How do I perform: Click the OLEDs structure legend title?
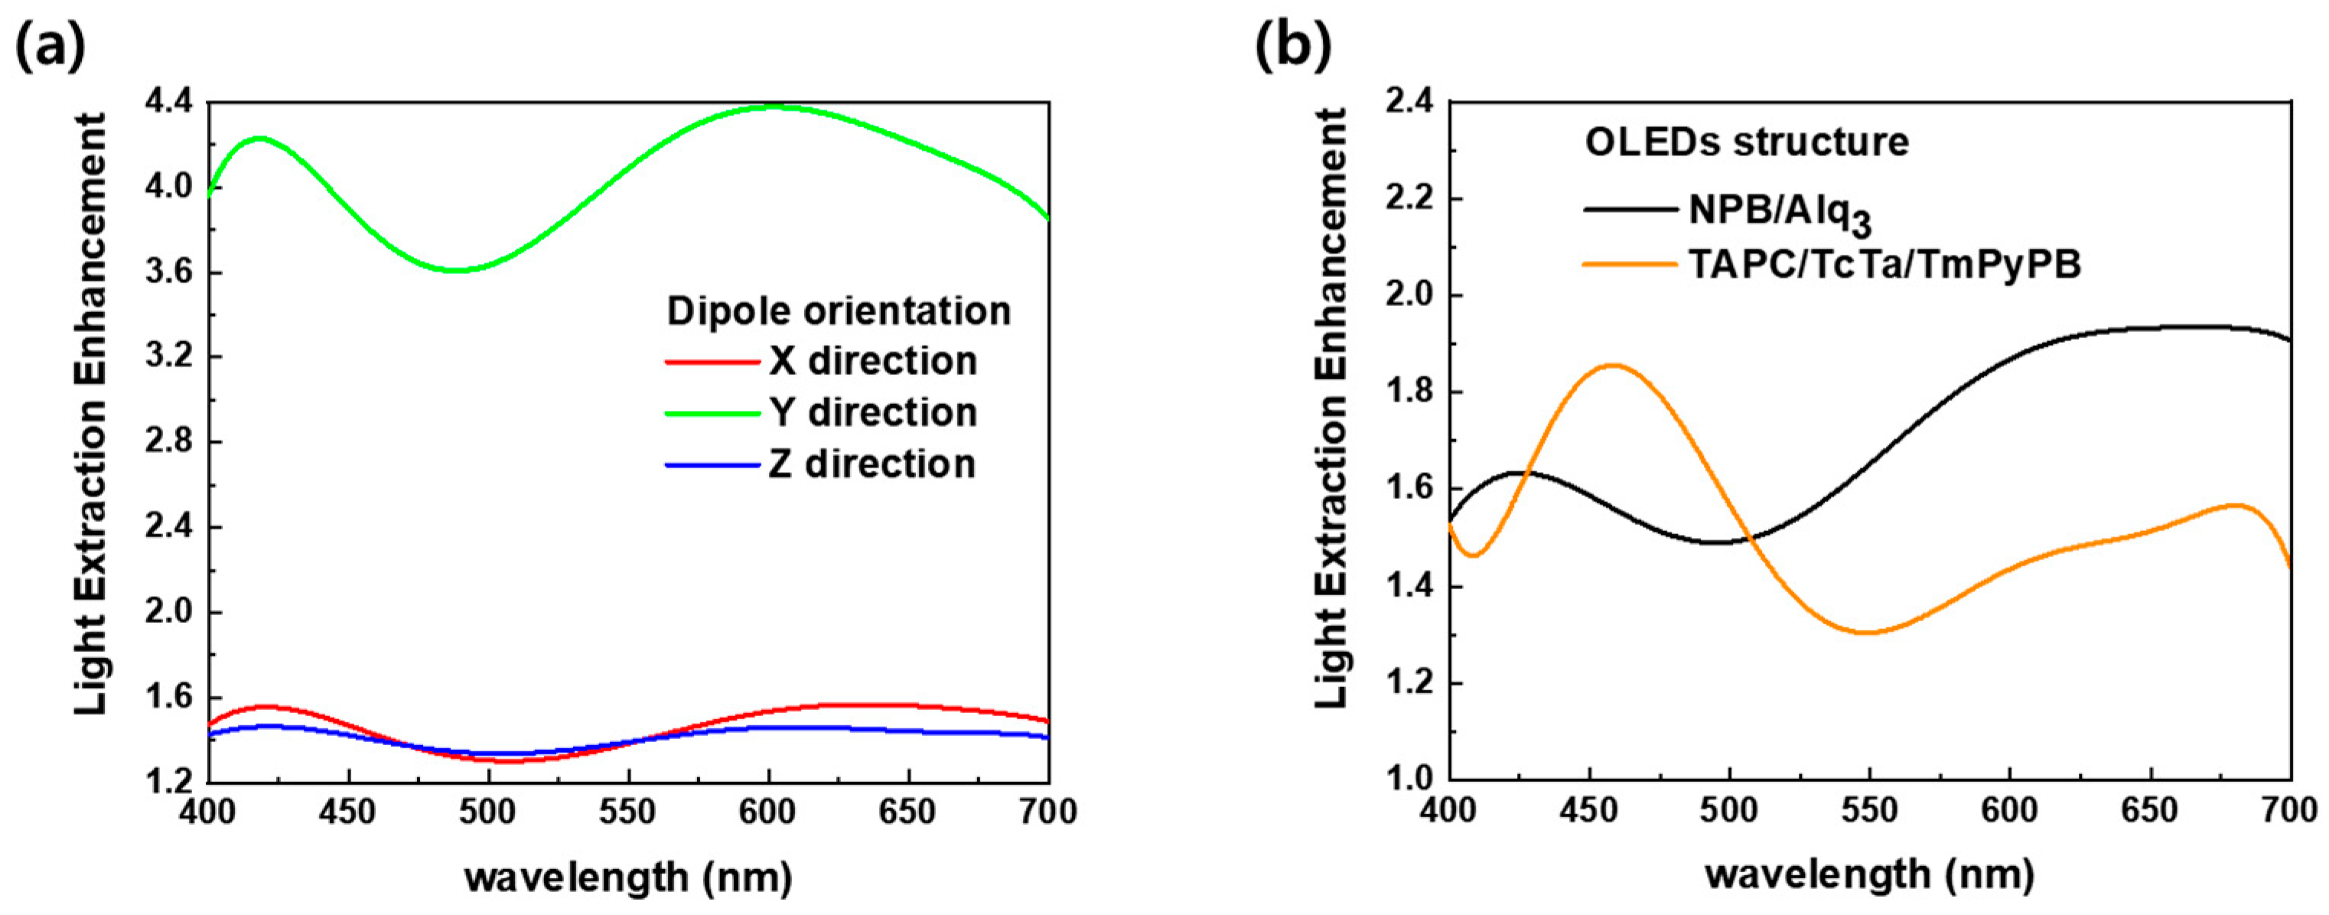point(1747,143)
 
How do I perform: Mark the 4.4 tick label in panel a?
point(169,103)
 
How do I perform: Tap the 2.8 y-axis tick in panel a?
point(169,442)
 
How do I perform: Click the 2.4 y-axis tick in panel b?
point(1410,103)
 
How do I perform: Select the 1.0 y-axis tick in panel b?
point(1410,780)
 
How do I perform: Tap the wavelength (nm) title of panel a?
point(628,876)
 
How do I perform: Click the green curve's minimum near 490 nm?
point(457,269)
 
